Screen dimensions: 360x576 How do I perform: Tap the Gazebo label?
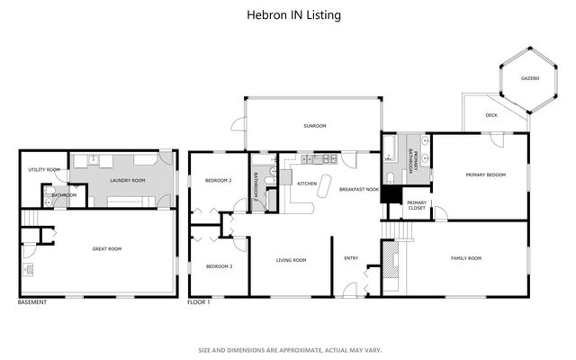[530, 78]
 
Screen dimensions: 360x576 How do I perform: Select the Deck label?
[491, 115]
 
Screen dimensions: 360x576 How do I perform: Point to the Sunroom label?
[315, 127]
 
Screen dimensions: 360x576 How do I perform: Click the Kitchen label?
[307, 183]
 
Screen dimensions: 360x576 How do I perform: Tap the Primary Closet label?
[416, 205]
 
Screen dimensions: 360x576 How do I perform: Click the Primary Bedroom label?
[485, 175]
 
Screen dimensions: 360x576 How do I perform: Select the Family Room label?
[465, 258]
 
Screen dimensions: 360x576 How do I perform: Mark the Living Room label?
[291, 260]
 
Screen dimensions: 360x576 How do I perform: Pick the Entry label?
[351, 258]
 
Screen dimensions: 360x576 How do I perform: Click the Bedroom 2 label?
[219, 181]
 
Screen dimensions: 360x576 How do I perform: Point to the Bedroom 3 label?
[219, 266]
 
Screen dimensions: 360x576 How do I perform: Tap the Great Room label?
[107, 249]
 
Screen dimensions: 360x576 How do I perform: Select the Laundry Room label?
[127, 181]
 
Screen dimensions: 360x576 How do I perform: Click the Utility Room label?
[43, 169]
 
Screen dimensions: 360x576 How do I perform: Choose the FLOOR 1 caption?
[198, 302]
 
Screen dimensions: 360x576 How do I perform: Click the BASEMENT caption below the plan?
[32, 302]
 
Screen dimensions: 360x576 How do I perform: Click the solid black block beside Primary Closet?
[390, 194]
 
